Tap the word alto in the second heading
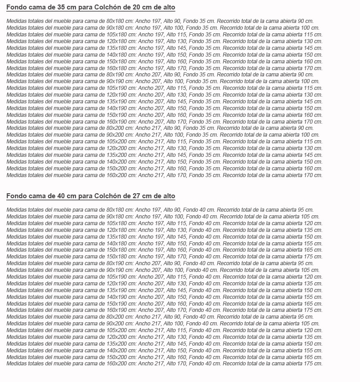tap(167, 196)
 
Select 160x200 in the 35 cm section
tap(120, 175)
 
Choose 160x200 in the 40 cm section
tap(120, 364)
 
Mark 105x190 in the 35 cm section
tap(120, 88)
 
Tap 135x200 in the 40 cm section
tap(120, 344)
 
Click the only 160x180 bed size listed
tap(120, 68)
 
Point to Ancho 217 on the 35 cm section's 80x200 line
tap(148, 128)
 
